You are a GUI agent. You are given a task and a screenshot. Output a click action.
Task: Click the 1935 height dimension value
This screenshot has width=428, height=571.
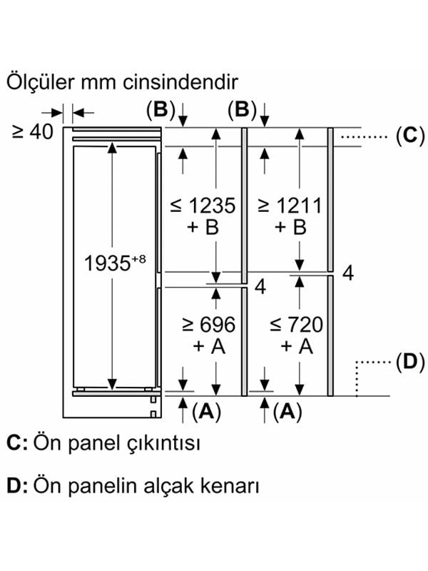pos(107,263)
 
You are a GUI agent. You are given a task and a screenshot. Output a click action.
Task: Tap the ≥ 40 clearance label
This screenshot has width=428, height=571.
pos(33,131)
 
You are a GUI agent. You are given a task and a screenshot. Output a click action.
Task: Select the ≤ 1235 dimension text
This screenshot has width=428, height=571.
pos(203,206)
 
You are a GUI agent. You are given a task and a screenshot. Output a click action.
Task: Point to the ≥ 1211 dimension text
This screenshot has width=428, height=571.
pos(290,206)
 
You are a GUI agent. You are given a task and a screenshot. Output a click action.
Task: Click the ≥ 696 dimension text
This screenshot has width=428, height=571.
pos(208,325)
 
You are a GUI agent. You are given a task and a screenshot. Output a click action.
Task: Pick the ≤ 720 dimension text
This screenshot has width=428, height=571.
pos(296,325)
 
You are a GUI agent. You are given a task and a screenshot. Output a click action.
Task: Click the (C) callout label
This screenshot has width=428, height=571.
pos(410,136)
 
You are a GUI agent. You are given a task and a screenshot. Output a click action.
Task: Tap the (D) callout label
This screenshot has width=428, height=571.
pos(410,363)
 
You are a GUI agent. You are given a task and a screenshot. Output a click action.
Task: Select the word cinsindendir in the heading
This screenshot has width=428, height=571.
pos(180,82)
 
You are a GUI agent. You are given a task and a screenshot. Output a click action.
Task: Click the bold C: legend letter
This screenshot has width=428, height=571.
pos(17,443)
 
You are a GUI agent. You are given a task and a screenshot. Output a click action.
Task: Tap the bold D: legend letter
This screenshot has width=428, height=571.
pos(17,486)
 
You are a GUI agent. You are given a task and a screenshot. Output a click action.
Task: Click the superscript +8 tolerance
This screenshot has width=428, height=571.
pos(138,259)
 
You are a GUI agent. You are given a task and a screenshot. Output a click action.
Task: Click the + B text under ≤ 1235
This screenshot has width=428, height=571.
pos(203,227)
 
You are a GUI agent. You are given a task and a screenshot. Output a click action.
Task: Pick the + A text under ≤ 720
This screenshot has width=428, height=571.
pos(297,346)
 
